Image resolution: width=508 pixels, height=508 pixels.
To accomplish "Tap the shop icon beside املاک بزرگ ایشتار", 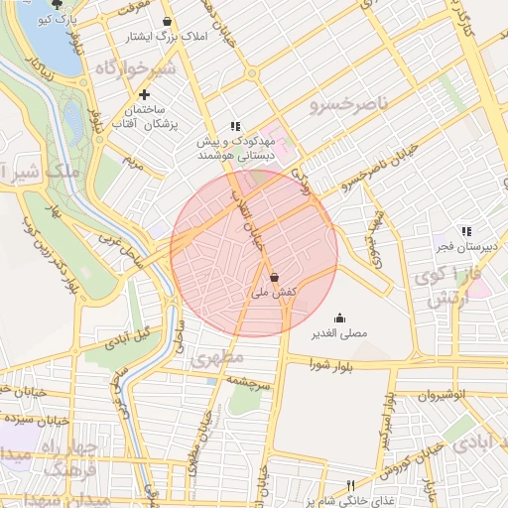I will (x=166, y=20).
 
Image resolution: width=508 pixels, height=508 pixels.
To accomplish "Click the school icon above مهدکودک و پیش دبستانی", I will (x=235, y=127).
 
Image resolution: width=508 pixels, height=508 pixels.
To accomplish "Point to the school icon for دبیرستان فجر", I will (x=466, y=231).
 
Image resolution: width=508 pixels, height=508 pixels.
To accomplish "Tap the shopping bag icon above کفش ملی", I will (x=273, y=278).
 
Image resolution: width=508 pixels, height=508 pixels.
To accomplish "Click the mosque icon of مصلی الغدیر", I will (x=340, y=318).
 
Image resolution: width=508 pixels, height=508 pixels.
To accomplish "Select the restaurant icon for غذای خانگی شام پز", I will (x=349, y=485).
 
